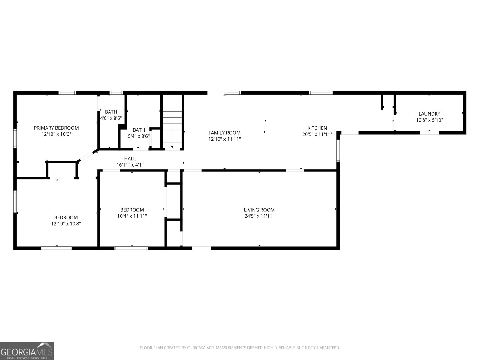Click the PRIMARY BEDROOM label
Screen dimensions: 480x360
pyautogui.click(x=56, y=128)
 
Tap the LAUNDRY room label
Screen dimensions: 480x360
pyautogui.click(x=430, y=114)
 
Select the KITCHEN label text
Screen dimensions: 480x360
pyautogui.click(x=317, y=128)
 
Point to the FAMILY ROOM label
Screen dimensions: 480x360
pyautogui.click(x=225, y=133)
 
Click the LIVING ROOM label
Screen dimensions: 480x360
pyautogui.click(x=259, y=210)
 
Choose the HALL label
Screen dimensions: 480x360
pyautogui.click(x=130, y=158)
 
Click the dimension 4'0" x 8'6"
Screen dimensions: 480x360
pyautogui.click(x=111, y=118)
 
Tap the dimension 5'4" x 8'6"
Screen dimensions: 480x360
pyautogui.click(x=139, y=136)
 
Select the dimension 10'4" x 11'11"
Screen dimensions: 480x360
pyautogui.click(x=132, y=216)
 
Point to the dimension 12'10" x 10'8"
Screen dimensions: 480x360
pyautogui.click(x=66, y=223)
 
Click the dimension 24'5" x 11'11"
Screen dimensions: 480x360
pyautogui.click(x=259, y=216)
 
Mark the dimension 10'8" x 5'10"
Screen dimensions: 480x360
pyautogui.click(x=430, y=120)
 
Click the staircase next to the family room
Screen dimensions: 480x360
pyautogui.click(x=172, y=130)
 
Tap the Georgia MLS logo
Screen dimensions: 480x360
pyautogui.click(x=27, y=351)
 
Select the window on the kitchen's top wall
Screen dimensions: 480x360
pyautogui.click(x=321, y=93)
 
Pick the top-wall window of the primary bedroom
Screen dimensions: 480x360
pyautogui.click(x=67, y=93)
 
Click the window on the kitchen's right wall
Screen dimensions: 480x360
pyautogui.click(x=338, y=150)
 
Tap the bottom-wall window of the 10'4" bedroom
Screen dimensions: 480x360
pyautogui.click(x=131, y=248)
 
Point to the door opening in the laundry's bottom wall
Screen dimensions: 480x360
pyautogui.click(x=430, y=133)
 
